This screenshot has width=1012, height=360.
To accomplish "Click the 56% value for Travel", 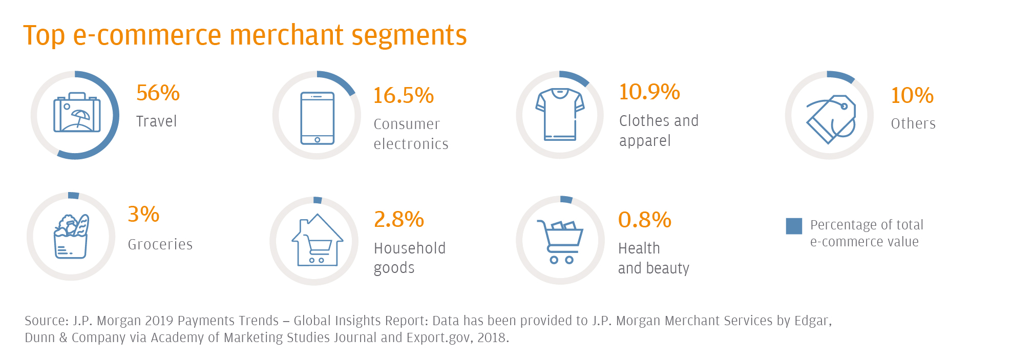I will [x=158, y=93].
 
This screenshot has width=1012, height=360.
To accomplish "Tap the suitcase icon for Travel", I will [x=77, y=113].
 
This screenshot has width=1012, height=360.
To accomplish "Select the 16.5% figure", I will [x=403, y=96].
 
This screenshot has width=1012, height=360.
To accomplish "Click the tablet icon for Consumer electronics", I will [x=317, y=118].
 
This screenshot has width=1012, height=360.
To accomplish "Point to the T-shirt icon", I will [x=560, y=114].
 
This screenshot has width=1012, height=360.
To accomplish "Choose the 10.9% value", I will [x=649, y=92].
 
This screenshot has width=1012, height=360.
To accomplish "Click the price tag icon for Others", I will [x=831, y=119].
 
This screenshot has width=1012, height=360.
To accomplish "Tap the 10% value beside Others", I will [x=912, y=96].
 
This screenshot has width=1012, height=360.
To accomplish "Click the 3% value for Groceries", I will [x=143, y=215].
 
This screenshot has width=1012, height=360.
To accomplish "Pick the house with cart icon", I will [x=317, y=240].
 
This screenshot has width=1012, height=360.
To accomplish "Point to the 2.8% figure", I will [x=398, y=220].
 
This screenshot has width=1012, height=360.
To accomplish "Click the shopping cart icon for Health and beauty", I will [x=560, y=241].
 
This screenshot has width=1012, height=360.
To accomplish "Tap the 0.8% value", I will [x=644, y=220].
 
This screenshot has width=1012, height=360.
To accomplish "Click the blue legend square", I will [x=794, y=226].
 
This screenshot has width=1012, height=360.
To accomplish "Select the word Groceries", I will [x=160, y=245].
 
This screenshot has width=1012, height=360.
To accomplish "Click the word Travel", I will [x=156, y=121].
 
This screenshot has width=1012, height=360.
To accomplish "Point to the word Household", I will [x=409, y=248].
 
